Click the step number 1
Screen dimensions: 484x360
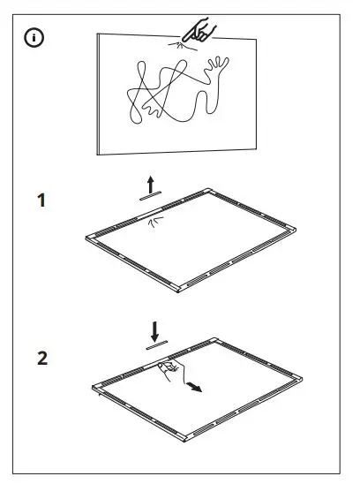click(41, 201)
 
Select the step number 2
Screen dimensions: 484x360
click(41, 359)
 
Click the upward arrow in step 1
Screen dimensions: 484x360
click(152, 184)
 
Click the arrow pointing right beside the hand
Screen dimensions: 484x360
click(199, 387)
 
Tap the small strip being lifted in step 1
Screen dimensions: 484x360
click(152, 199)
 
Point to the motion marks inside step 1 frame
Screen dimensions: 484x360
click(156, 222)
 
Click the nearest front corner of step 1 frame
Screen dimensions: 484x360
click(180, 289)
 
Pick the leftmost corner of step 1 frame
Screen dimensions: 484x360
click(86, 237)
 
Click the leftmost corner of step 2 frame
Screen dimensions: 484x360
click(94, 387)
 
